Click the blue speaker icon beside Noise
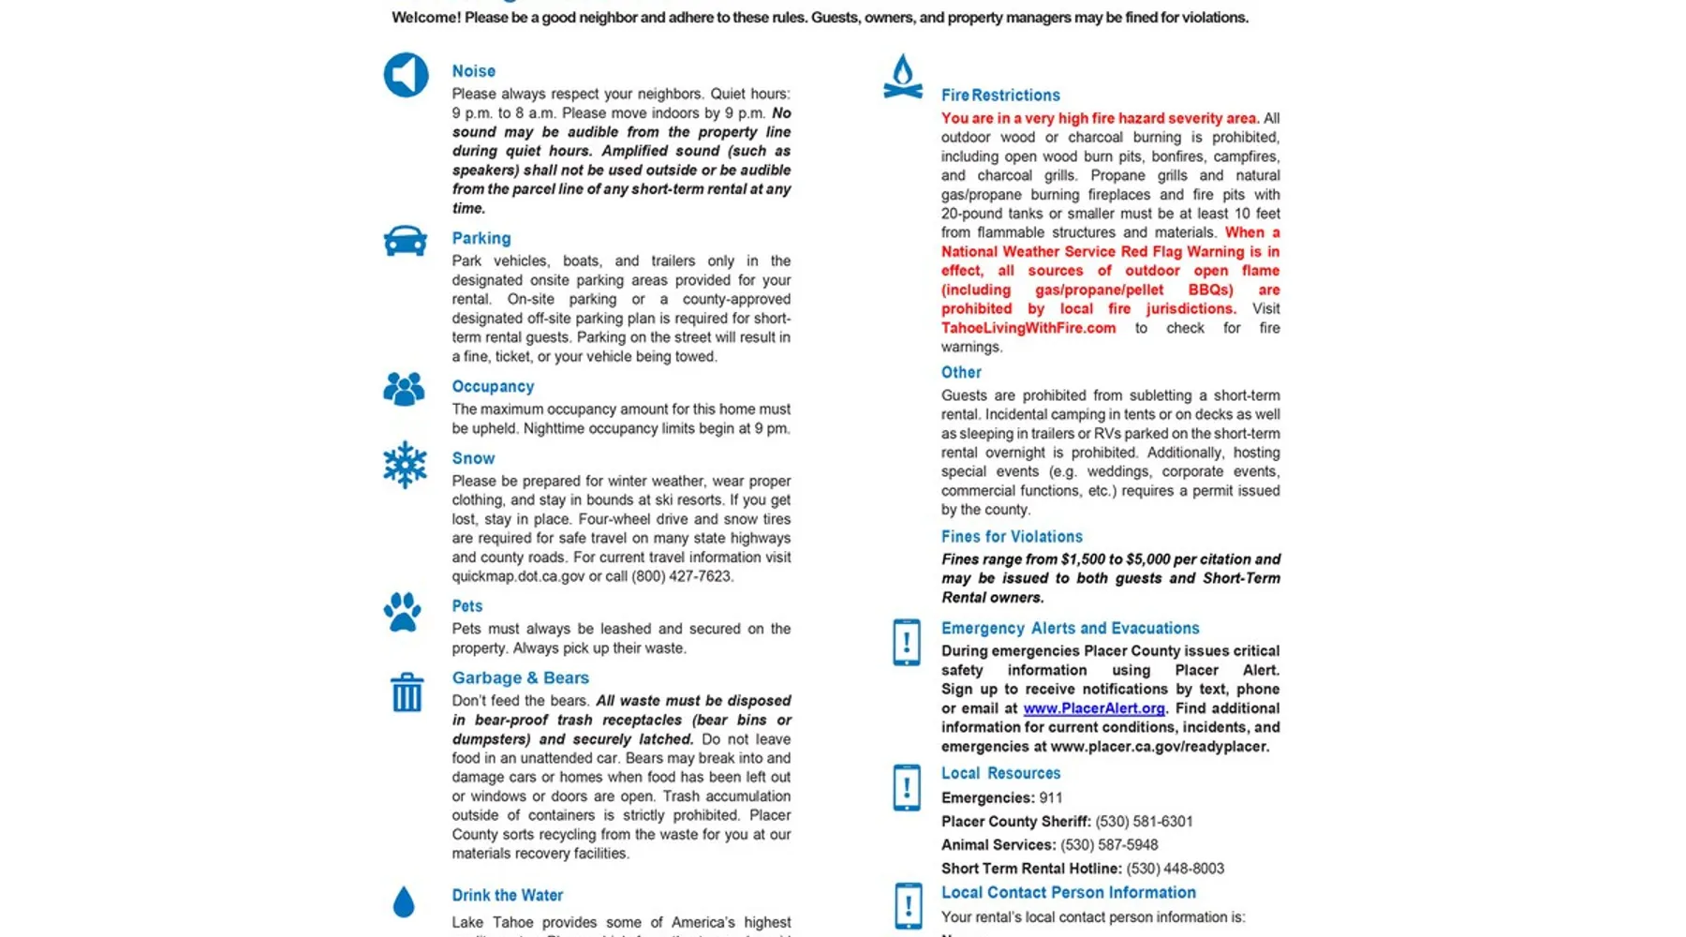point(406,75)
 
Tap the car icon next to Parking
point(405,241)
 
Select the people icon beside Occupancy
point(404,389)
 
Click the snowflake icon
point(405,465)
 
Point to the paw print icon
point(403,612)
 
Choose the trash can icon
point(407,692)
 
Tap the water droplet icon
point(404,901)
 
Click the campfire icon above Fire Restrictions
point(903,77)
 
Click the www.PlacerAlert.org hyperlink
point(1093,708)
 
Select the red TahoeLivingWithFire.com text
point(1028,328)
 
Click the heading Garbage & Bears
point(520,677)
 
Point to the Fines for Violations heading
point(1012,536)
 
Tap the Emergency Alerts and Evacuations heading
point(1070,628)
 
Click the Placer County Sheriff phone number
point(1144,822)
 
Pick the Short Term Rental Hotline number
point(1175,869)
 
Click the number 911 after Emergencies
point(1051,798)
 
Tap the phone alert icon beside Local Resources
point(907,787)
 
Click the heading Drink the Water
point(507,895)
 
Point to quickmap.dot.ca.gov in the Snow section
point(518,576)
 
